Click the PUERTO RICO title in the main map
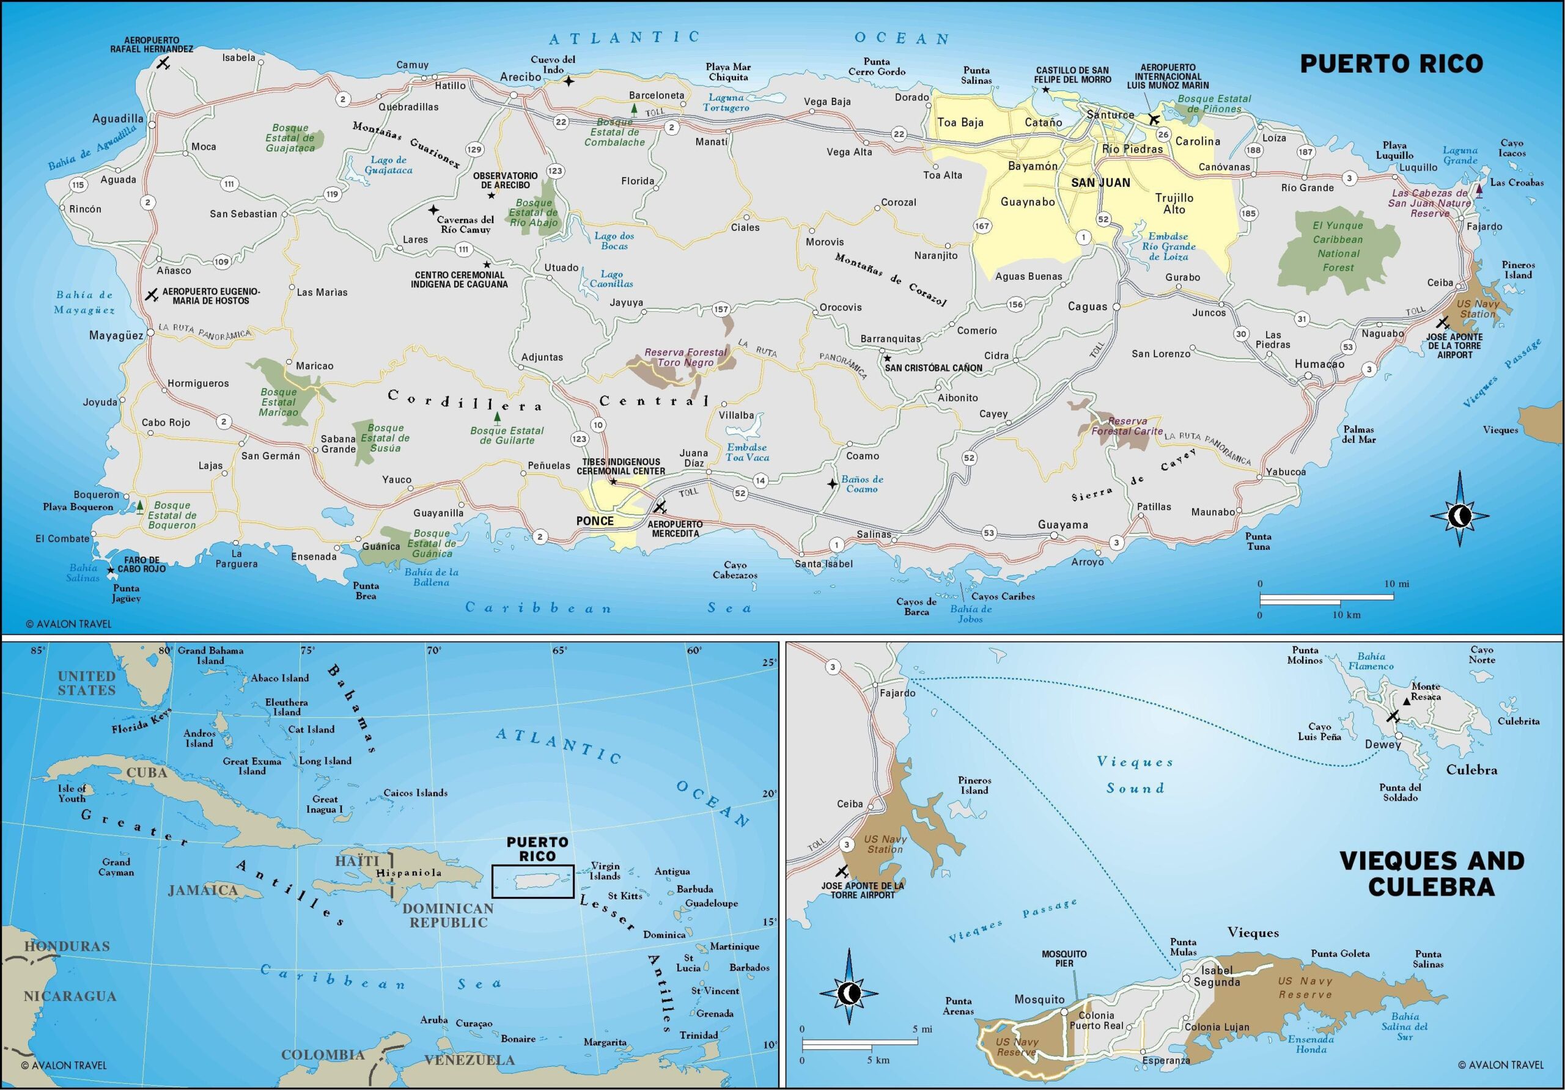pos(1391,64)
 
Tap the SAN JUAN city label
pos(1100,183)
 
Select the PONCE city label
pos(594,521)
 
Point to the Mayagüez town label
pos(116,335)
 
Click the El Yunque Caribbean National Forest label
pos(1338,246)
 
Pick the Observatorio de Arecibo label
pos(505,180)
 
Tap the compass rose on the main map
pos(1459,516)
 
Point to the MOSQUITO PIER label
pos(1064,958)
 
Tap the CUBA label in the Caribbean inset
pos(147,772)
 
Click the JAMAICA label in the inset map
pos(202,890)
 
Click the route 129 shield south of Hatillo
pos(474,149)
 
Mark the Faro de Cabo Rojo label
pos(142,564)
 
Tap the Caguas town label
pos(1087,307)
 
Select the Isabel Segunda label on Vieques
pos(1217,976)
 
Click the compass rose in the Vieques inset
pos(849,994)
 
